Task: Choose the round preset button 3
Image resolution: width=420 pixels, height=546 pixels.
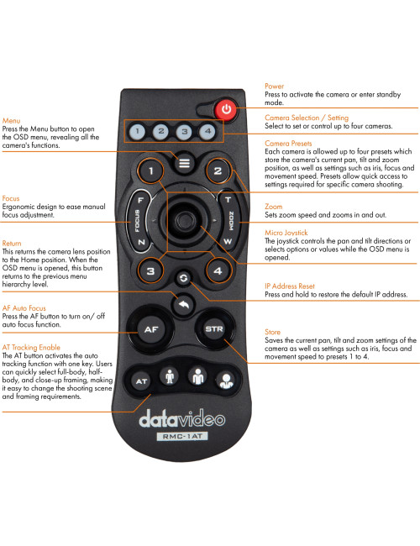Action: tap(150, 271)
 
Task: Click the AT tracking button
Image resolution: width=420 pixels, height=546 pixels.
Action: tap(142, 381)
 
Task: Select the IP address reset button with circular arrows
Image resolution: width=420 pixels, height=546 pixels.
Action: tap(183, 277)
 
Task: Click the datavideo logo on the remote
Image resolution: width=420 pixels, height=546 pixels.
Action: tap(182, 417)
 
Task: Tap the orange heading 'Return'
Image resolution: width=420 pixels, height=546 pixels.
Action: tap(13, 243)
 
